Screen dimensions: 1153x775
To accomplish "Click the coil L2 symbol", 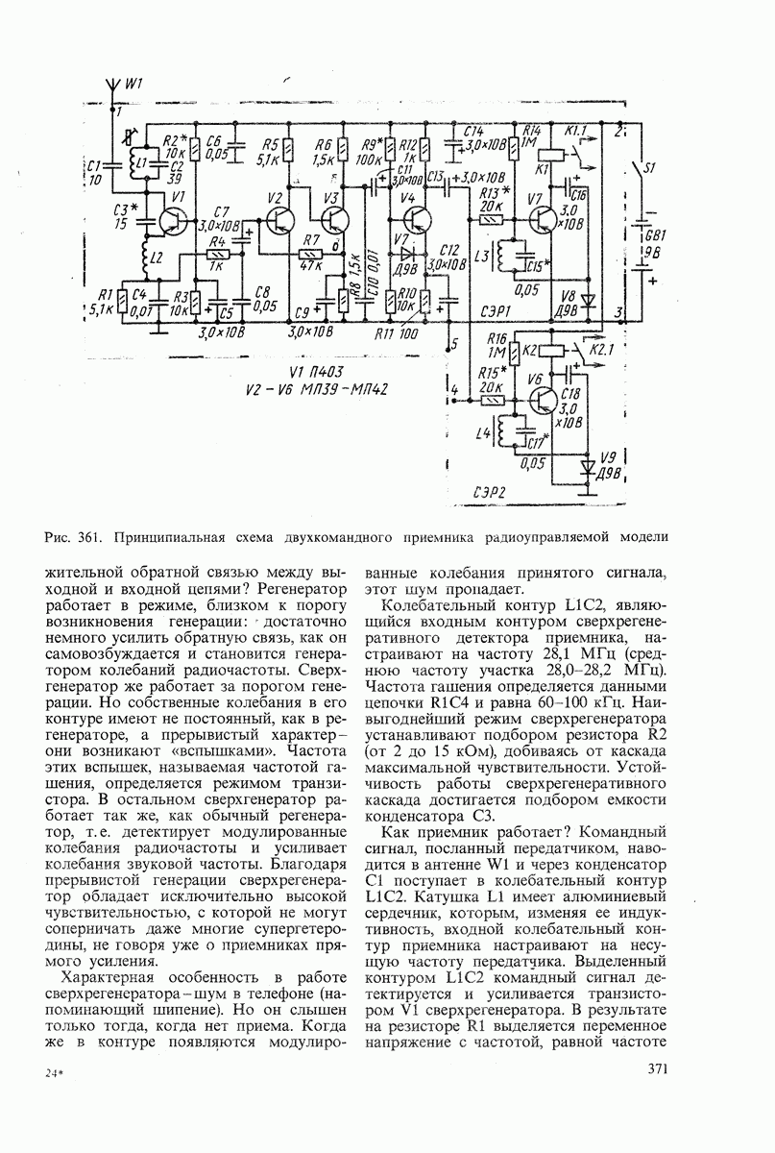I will [x=148, y=256].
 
